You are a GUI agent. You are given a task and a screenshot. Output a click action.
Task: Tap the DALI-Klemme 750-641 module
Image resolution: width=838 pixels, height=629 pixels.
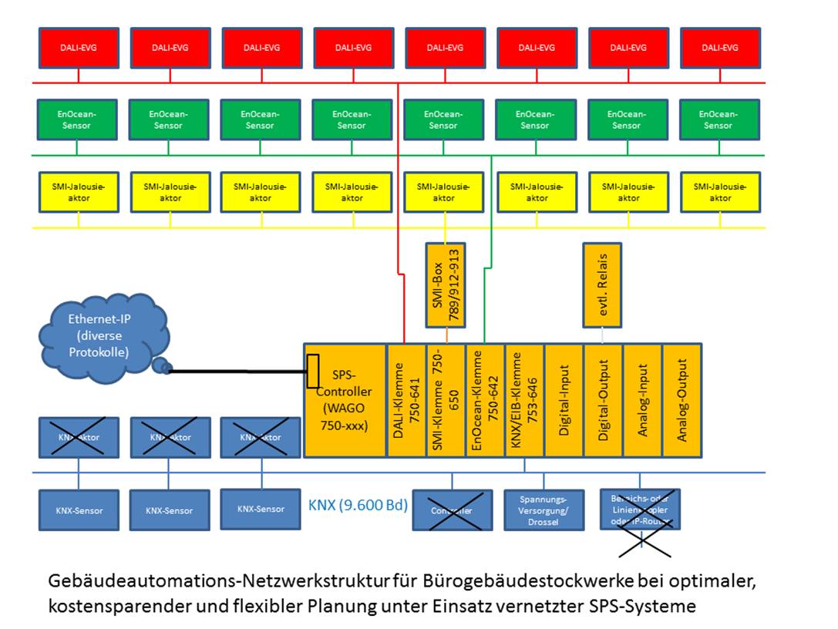click(406, 400)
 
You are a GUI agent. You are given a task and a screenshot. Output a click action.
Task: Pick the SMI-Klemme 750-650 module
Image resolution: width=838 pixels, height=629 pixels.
click(446, 400)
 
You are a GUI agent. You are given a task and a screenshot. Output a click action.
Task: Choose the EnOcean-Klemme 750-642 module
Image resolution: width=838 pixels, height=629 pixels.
click(485, 400)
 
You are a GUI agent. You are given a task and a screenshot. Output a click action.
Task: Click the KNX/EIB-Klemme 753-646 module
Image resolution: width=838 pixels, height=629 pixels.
click(524, 400)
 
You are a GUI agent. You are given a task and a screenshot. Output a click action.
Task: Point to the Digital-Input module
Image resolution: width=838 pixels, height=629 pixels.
click(564, 400)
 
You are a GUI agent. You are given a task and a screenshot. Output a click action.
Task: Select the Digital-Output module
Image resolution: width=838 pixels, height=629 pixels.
click(603, 400)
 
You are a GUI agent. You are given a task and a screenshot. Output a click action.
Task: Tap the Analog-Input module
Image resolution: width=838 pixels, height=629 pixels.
click(642, 400)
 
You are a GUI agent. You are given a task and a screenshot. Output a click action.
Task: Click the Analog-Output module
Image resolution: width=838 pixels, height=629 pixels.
click(682, 400)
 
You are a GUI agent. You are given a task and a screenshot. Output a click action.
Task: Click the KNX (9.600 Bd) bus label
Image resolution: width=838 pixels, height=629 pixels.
click(358, 506)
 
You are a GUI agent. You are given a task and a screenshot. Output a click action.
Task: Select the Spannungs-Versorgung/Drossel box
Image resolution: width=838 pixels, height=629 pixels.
click(544, 510)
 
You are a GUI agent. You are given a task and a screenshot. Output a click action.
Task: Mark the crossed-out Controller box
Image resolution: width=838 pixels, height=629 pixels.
click(452, 510)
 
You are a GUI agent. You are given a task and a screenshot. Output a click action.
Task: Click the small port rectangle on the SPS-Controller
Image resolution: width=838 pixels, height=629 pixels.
click(312, 371)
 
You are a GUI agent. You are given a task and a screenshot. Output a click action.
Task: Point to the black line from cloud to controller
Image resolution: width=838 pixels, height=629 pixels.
click(239, 372)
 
